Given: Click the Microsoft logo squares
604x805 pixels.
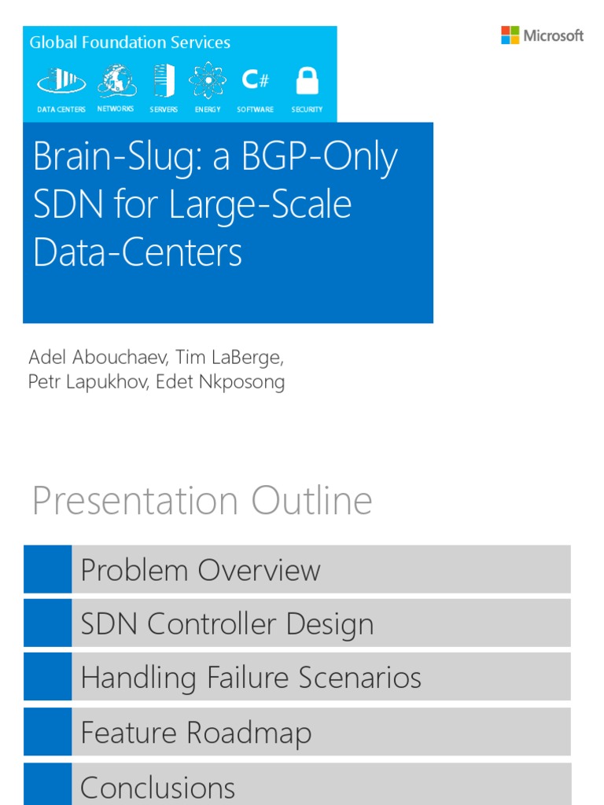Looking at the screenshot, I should click(510, 35).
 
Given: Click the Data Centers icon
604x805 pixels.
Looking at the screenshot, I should click(61, 80).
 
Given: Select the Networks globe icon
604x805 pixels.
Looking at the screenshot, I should click(116, 79).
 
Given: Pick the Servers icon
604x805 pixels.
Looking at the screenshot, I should click(164, 80).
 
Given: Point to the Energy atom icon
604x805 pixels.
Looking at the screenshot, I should click(208, 80).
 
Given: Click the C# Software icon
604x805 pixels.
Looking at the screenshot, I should click(255, 79).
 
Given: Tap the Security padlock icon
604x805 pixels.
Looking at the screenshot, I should click(307, 80).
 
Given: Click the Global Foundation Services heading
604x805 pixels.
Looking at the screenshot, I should click(130, 42).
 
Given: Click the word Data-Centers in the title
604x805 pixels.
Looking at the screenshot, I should click(138, 252).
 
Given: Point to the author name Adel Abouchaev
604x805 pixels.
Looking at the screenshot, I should click(98, 358).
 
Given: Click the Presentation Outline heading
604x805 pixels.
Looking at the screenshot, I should click(202, 502).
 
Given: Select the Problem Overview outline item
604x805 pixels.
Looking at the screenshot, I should click(201, 570).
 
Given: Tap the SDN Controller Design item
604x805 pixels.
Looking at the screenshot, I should click(227, 624).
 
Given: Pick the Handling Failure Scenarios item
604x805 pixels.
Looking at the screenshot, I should click(251, 678).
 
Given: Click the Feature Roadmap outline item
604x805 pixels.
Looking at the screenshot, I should click(196, 733).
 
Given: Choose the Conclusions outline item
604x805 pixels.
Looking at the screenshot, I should click(157, 787).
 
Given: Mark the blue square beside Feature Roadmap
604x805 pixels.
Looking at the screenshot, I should click(47, 732).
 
